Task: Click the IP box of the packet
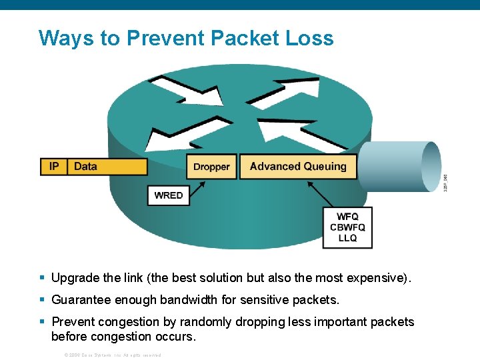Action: tap(54, 167)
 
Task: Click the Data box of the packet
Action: tap(107, 167)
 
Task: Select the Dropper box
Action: tap(211, 167)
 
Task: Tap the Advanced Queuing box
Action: tap(298, 167)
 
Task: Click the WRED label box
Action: tap(168, 195)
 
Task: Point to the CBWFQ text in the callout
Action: tap(347, 227)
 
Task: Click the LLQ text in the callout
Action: tap(347, 238)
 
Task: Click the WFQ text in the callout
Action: tap(347, 217)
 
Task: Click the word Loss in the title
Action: tap(308, 38)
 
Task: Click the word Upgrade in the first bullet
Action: tap(73, 278)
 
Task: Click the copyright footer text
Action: tap(111, 355)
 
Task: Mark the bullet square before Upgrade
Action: tap(43, 277)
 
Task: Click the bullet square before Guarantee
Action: tap(43, 299)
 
